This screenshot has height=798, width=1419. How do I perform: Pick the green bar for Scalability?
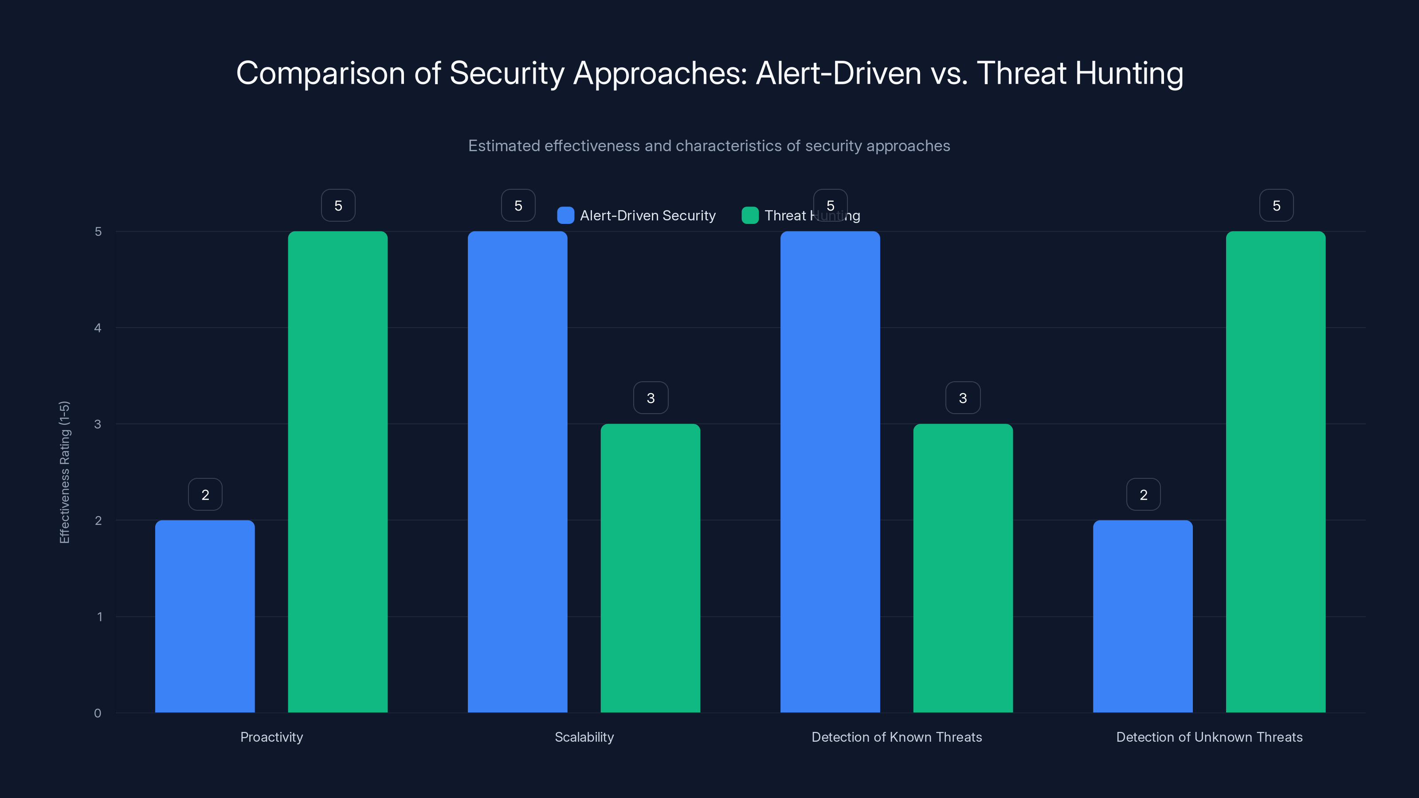[650, 568]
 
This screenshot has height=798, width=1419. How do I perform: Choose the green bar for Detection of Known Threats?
[963, 568]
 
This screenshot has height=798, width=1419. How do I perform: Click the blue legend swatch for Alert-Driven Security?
[565, 215]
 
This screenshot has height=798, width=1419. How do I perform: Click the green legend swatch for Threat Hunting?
[750, 215]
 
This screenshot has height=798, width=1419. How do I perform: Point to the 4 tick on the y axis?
[98, 328]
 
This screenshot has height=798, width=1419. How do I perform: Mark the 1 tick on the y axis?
[100, 617]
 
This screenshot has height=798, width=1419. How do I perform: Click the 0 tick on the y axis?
[98, 713]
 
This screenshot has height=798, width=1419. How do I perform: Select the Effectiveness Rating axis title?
[64, 472]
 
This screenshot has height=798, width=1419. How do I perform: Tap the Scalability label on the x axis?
[584, 737]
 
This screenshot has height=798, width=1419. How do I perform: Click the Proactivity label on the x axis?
[271, 737]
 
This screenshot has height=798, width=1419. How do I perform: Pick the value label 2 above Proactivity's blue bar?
[205, 495]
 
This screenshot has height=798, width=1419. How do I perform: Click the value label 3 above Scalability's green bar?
[651, 398]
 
